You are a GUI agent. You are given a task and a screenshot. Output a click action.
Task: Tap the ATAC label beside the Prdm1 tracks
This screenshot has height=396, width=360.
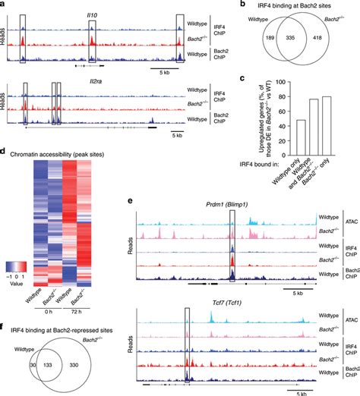tap(349, 220)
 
